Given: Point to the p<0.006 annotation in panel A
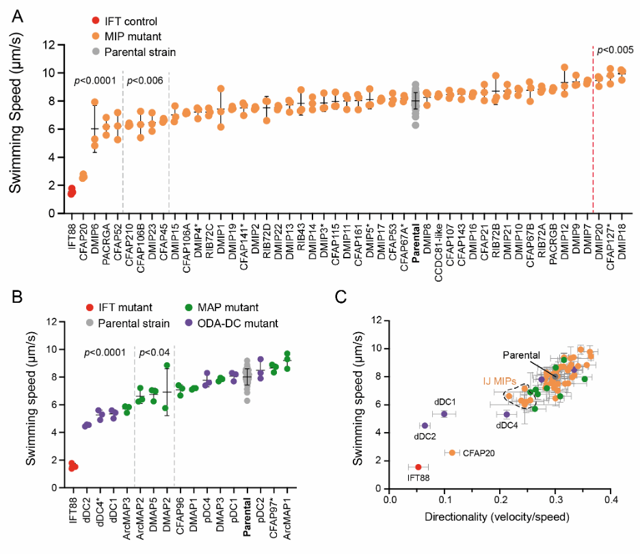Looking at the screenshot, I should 144,81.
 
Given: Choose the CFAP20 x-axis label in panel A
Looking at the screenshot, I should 83,240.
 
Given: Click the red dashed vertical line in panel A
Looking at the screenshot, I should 593,137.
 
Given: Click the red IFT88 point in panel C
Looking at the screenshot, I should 418,467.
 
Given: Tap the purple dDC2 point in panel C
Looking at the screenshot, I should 425,425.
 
